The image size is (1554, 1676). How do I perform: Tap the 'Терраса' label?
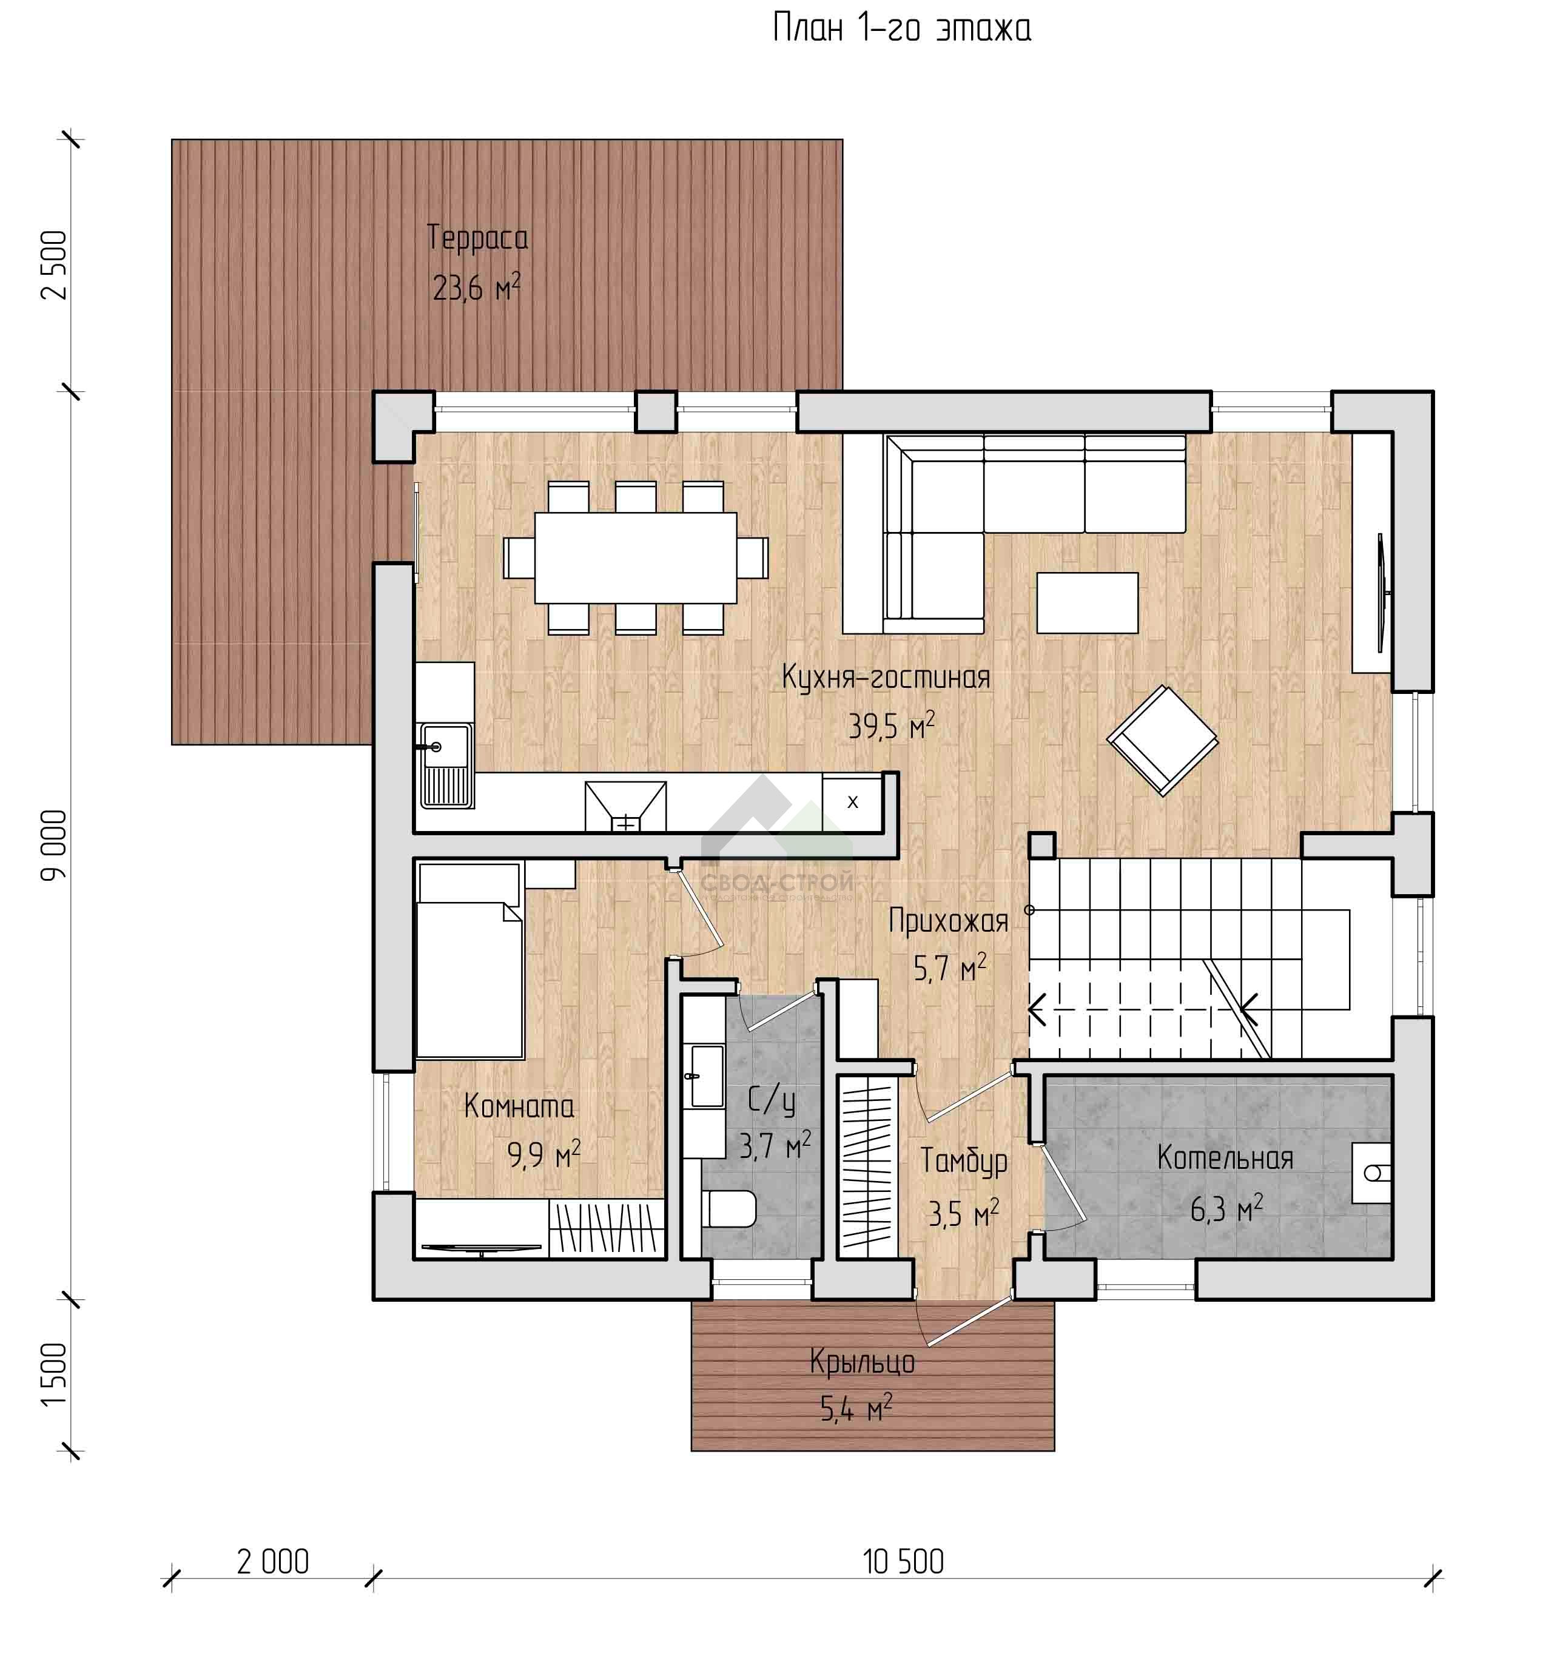(477, 238)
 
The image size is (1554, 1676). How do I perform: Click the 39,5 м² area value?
(892, 724)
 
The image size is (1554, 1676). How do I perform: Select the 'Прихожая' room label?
(947, 921)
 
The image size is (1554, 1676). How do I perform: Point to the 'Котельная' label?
(1225, 1158)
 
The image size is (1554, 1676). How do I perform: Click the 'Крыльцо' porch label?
(863, 1362)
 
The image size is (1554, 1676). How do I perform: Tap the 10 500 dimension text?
(903, 1561)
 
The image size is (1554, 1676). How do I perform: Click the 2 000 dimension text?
(274, 1561)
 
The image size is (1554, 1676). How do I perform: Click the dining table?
(636, 557)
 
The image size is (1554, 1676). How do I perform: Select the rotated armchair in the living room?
(1162, 740)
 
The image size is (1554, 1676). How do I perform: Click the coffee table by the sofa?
(1088, 603)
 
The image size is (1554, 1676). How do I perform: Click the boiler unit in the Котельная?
(1371, 1173)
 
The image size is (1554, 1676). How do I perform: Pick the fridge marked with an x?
(852, 803)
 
